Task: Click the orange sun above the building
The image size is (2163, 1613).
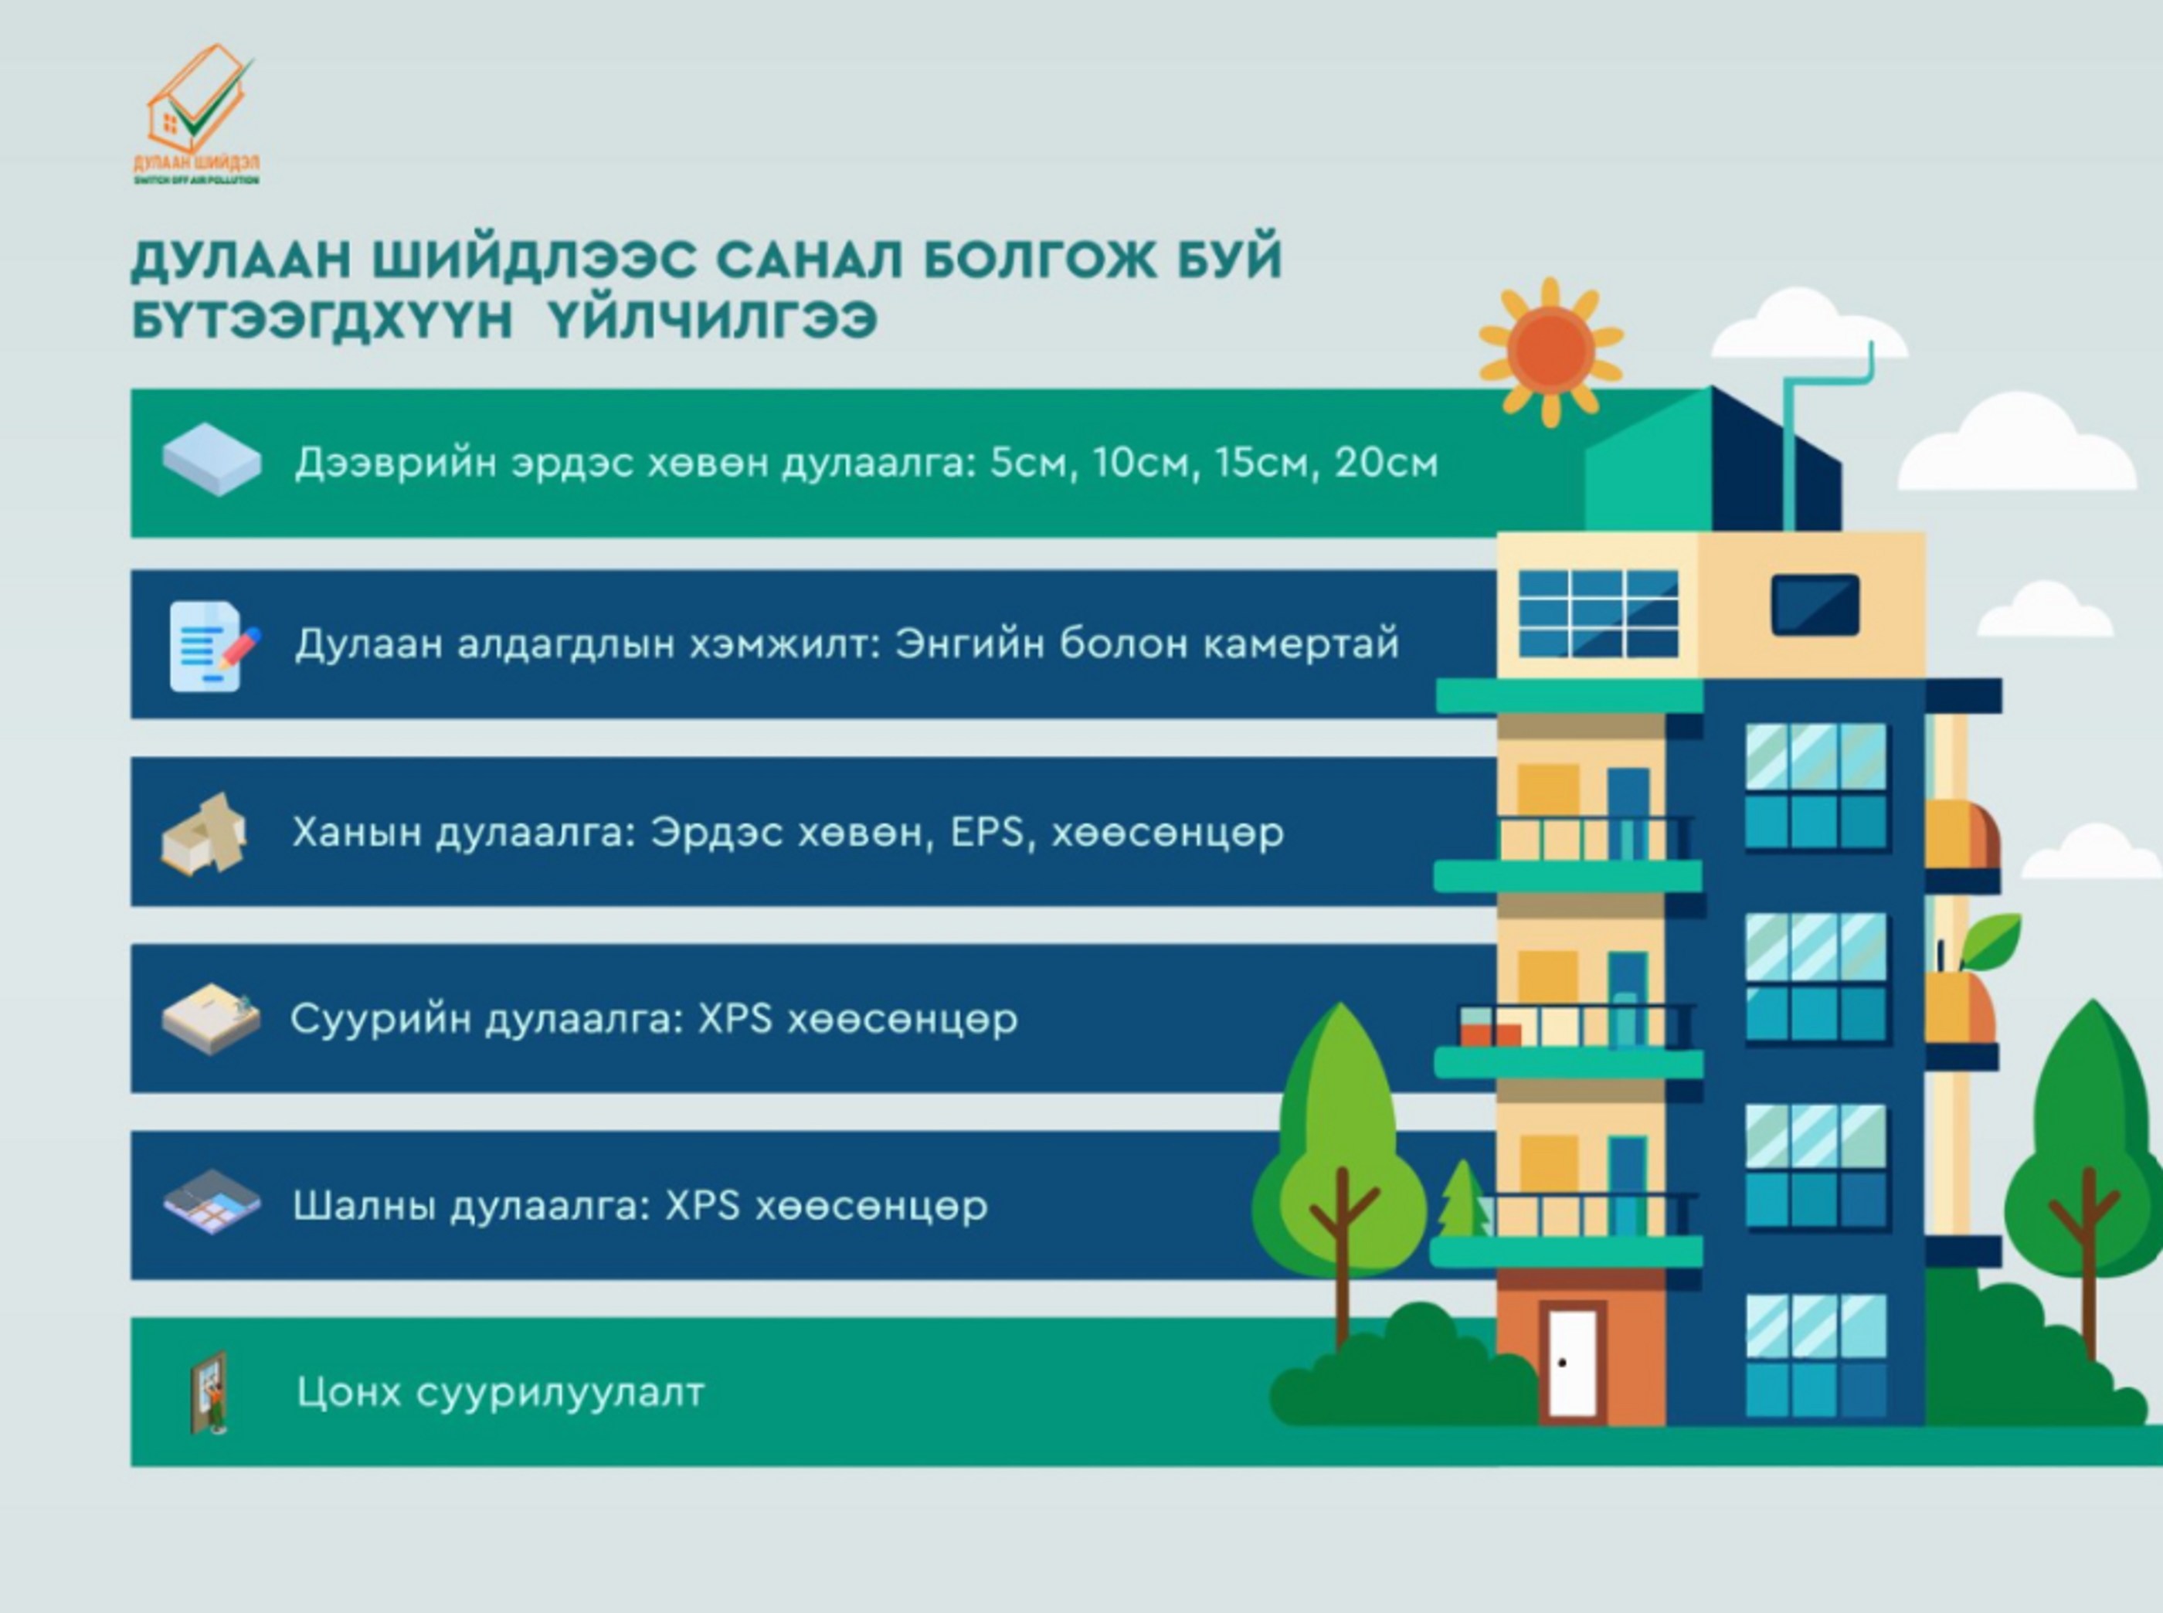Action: coord(1550,351)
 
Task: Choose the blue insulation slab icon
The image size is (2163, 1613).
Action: coord(212,459)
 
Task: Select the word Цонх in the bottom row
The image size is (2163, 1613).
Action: coord(348,1391)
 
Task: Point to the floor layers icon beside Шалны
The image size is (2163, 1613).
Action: coord(212,1203)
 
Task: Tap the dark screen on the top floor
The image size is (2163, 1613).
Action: coord(1815,604)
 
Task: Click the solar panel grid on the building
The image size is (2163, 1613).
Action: coord(1598,613)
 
